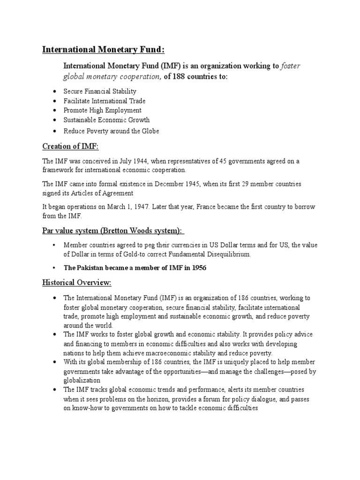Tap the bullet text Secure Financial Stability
(x=100, y=91)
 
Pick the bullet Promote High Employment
(x=102, y=111)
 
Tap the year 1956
(x=197, y=268)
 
